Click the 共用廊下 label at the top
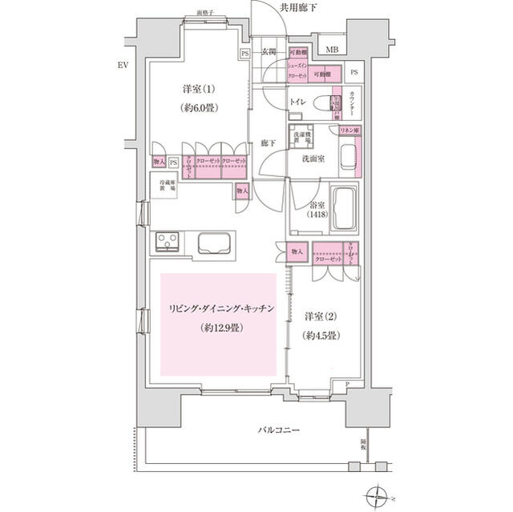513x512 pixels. coord(298,7)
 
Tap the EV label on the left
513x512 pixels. coord(122,65)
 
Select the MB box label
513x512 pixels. coord(332,50)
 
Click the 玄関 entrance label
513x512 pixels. coord(269,53)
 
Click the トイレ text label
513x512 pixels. coord(297,103)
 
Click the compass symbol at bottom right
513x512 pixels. coord(376,495)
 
